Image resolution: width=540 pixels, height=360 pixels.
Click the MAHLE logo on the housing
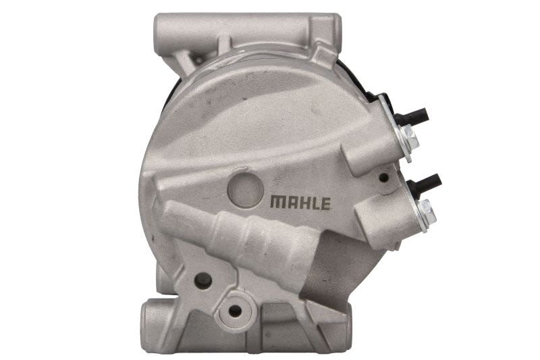pyautogui.click(x=300, y=203)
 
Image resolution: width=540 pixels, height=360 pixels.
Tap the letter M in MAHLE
pyautogui.click(x=277, y=203)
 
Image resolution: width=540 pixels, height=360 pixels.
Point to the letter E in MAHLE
pyautogui.click(x=325, y=203)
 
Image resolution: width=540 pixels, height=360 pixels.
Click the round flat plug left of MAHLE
pyautogui.click(x=246, y=190)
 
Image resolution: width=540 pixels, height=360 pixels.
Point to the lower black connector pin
pyautogui.click(x=424, y=182)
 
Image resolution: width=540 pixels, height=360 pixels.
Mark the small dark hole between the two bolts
pyautogui.click(x=383, y=178)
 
